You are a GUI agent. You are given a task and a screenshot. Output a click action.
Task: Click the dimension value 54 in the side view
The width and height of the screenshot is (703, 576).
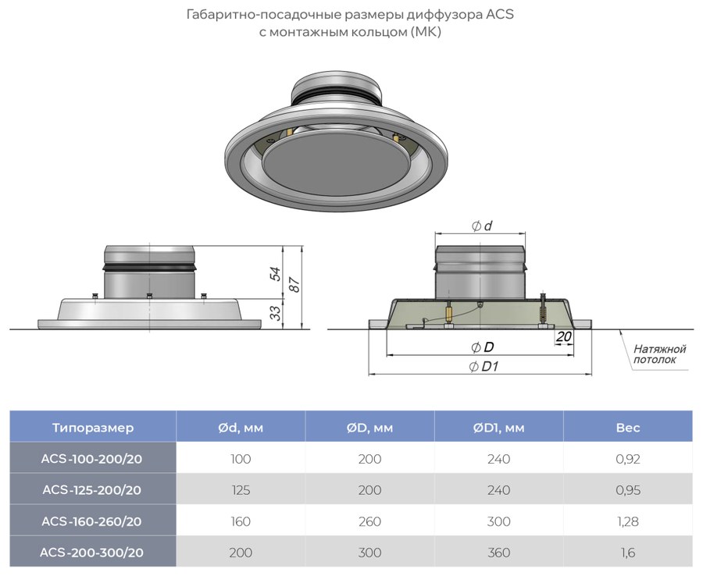tap(275, 274)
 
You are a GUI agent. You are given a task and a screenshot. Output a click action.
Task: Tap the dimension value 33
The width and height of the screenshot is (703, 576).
tap(277, 312)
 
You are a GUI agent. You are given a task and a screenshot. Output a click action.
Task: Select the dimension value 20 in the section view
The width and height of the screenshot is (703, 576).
tap(563, 336)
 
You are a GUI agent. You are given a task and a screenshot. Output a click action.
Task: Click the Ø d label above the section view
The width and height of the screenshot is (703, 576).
tap(481, 226)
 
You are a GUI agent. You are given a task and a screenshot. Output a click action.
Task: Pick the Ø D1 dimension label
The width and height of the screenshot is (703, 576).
tap(484, 367)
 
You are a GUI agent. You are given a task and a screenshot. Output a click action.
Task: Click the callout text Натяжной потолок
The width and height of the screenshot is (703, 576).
tap(659, 354)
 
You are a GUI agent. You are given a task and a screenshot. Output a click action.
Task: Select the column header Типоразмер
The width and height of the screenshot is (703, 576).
tap(93, 427)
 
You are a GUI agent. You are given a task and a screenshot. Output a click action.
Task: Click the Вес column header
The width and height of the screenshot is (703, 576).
tap(628, 427)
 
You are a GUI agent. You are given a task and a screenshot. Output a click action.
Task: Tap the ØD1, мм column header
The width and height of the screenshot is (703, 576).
tap(498, 428)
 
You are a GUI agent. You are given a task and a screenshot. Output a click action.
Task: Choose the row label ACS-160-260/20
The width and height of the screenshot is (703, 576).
tap(91, 521)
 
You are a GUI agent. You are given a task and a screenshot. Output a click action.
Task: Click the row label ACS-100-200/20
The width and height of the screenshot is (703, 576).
tap(91, 459)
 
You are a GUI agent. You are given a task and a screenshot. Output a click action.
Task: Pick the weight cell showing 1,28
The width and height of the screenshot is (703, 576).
tap(628, 521)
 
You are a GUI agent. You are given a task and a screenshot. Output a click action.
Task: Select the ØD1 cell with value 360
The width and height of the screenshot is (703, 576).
tap(498, 553)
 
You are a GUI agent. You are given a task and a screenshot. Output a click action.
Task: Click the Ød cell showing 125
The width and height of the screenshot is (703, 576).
tap(241, 490)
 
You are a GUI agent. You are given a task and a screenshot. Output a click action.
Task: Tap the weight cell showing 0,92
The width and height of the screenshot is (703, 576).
tap(628, 459)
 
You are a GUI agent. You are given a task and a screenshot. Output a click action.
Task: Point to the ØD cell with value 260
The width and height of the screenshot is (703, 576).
tap(370, 521)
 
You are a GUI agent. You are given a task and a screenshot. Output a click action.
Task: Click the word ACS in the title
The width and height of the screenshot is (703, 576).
tap(499, 14)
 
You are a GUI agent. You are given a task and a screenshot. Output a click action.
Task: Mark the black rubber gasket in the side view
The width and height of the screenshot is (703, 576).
tap(149, 268)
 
